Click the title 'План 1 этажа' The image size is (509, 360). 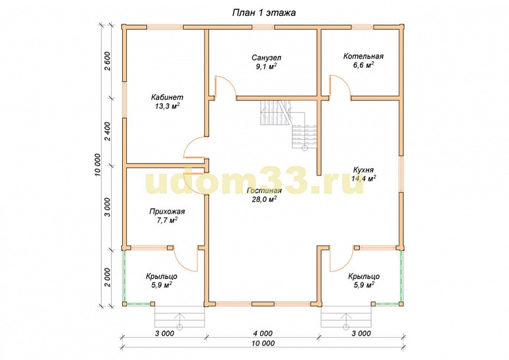(263, 13)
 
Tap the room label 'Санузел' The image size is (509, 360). (267, 58)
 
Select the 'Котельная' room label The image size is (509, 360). (363, 56)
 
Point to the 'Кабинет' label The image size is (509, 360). (167, 97)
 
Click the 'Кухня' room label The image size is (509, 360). (363, 169)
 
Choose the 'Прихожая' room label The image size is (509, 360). (167, 212)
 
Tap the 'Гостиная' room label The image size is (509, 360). (264, 191)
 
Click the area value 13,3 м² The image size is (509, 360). (167, 106)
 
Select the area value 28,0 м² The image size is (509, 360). (264, 199)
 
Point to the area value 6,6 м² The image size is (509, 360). (363, 65)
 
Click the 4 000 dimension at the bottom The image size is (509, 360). (262, 333)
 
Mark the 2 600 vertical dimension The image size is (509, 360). (108, 61)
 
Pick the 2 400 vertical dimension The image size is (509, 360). (108, 131)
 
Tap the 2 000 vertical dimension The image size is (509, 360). (108, 277)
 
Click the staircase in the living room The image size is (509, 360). (288, 124)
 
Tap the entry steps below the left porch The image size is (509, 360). (179, 317)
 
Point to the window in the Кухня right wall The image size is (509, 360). (401, 174)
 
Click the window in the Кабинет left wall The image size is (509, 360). (124, 99)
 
